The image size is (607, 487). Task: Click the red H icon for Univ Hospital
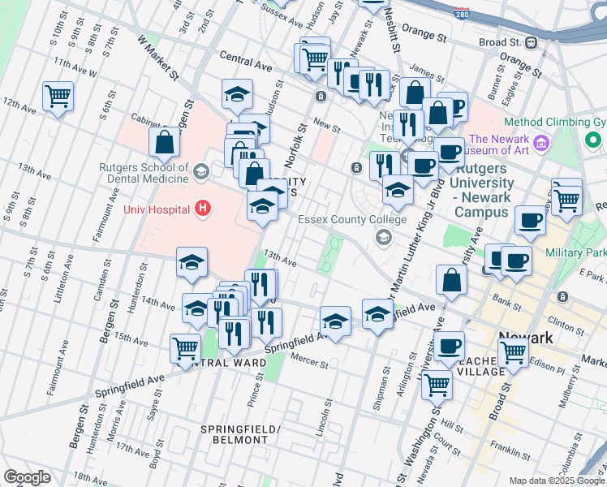[203, 209]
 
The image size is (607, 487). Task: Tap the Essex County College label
[351, 219]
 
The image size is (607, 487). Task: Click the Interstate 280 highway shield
[463, 15]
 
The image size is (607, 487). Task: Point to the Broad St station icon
[532, 42]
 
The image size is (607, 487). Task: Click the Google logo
[26, 477]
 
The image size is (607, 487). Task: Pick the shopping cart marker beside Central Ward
[185, 349]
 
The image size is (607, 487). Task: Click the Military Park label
[578, 253]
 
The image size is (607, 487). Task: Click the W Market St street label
[158, 58]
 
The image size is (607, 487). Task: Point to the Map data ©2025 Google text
[556, 481]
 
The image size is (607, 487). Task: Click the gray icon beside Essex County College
[382, 237]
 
